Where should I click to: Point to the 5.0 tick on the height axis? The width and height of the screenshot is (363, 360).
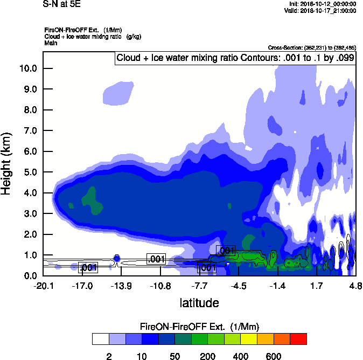point(29,172)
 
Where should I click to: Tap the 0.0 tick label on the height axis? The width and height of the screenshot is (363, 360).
point(29,276)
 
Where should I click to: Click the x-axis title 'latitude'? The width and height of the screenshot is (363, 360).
point(199,303)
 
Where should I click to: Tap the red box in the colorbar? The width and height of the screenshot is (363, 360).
point(298,339)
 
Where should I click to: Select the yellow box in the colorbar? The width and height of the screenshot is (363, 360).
point(247,339)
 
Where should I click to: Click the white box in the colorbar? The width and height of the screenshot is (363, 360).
point(100,339)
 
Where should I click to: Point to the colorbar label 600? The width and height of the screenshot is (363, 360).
point(273,356)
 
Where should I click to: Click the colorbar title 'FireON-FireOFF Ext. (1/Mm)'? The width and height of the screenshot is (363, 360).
point(200,327)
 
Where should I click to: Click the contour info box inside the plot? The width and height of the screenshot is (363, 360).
point(235,58)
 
